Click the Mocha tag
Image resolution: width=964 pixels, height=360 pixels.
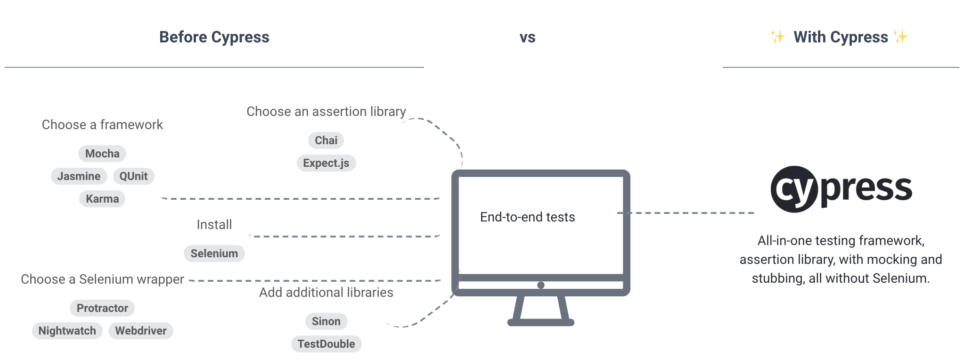(102, 154)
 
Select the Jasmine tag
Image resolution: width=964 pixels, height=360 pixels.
(79, 176)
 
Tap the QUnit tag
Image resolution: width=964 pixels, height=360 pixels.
(133, 176)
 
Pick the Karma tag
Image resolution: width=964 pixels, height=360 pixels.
(102, 199)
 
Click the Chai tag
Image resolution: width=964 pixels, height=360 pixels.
(326, 140)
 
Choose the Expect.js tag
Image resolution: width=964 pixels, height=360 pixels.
(326, 163)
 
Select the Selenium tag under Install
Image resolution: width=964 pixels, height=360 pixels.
(214, 254)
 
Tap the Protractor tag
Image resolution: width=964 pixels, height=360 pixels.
(102, 308)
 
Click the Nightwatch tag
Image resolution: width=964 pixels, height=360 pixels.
(67, 331)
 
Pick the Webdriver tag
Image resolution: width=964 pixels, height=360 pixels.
(141, 331)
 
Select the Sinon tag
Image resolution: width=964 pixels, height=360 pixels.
(326, 321)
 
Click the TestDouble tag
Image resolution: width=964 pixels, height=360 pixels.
(326, 344)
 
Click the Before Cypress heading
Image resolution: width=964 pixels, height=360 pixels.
(214, 37)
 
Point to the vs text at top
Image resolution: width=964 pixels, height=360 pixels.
(527, 38)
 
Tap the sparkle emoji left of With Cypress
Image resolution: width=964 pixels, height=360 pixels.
(777, 37)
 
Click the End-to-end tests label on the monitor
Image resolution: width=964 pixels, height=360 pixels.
(527, 217)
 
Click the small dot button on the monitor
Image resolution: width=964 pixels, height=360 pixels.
(541, 285)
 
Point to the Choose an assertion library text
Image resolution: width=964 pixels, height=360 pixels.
(326, 112)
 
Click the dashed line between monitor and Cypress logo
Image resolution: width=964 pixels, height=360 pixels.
(688, 213)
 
